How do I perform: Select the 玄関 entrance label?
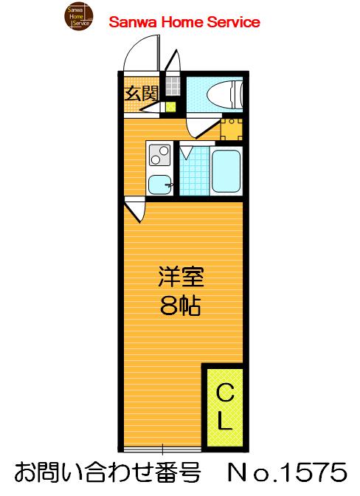(x=141, y=93)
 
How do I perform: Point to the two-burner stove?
(x=159, y=155)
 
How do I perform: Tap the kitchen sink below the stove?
(x=159, y=183)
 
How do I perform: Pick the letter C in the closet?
(x=224, y=396)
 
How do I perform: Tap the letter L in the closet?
(x=224, y=423)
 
